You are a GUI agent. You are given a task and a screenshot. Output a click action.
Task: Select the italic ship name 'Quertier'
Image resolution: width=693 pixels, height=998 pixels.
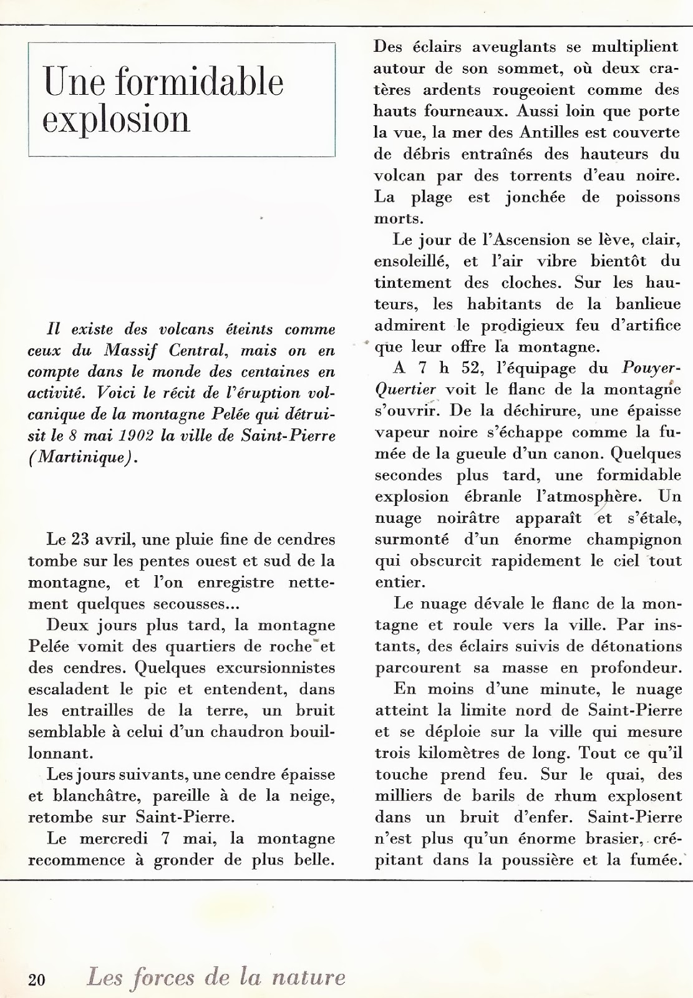tap(405, 389)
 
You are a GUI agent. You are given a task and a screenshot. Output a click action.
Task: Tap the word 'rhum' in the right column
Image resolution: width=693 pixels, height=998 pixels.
tap(569, 796)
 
